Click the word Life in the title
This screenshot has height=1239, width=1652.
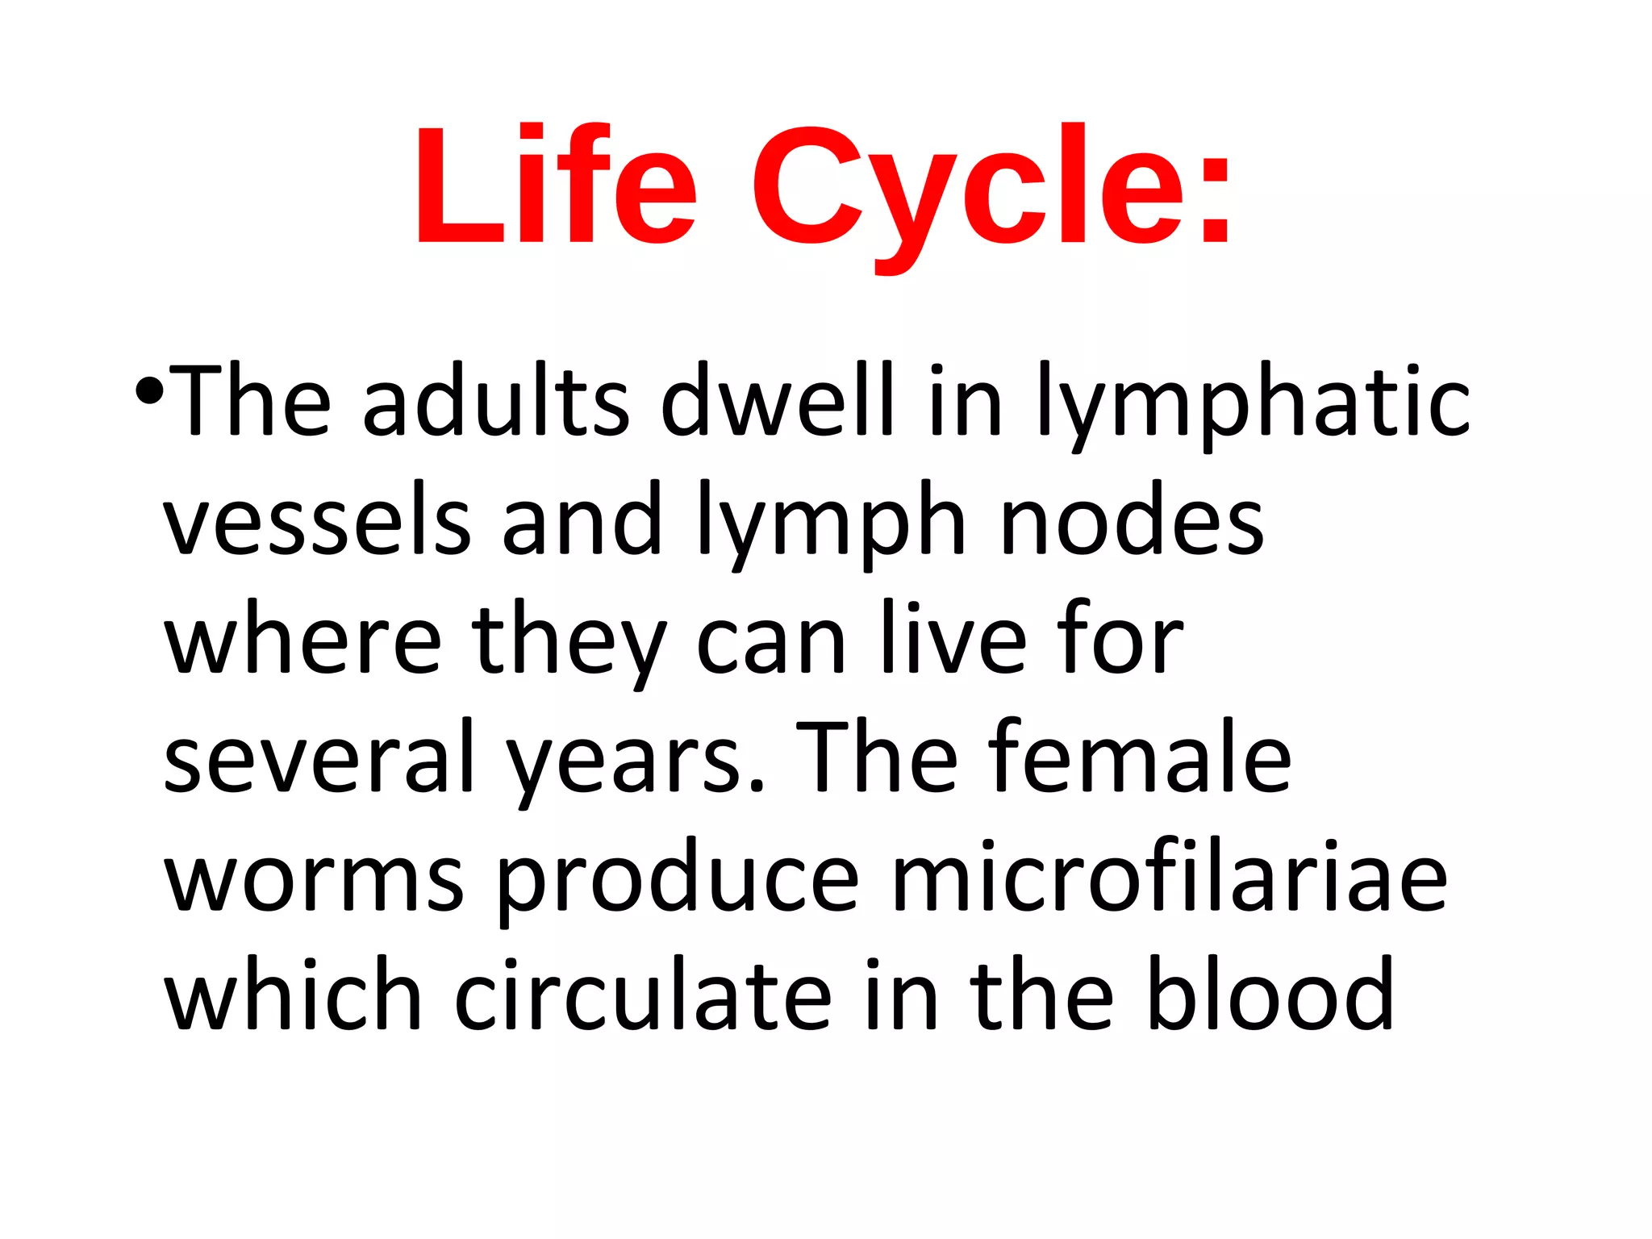pyautogui.click(x=555, y=186)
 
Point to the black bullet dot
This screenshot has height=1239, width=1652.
pyautogui.click(x=150, y=392)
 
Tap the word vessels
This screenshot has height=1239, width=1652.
pyautogui.click(x=317, y=520)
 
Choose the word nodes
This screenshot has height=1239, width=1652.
pyautogui.click(x=1132, y=520)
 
